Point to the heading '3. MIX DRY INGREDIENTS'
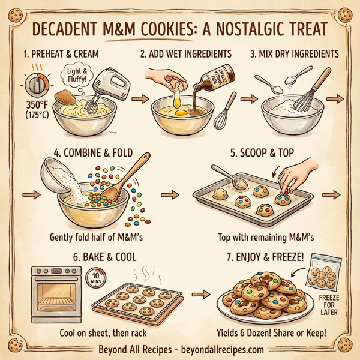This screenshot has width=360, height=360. [x=294, y=54]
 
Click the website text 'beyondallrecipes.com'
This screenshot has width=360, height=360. [x=218, y=349]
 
